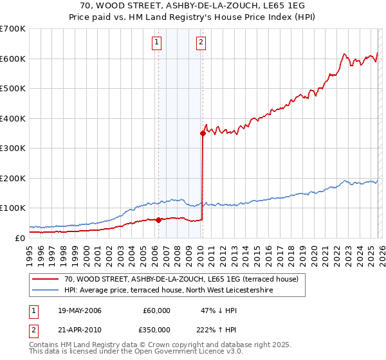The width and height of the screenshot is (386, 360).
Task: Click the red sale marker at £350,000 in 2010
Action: pos(203,134)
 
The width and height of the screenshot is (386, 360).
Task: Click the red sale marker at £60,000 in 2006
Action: pos(158,220)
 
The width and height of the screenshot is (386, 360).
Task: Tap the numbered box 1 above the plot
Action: pos(157,43)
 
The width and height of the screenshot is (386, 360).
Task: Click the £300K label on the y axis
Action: pos(13,148)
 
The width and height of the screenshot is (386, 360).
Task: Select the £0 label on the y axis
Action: pos(19,238)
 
